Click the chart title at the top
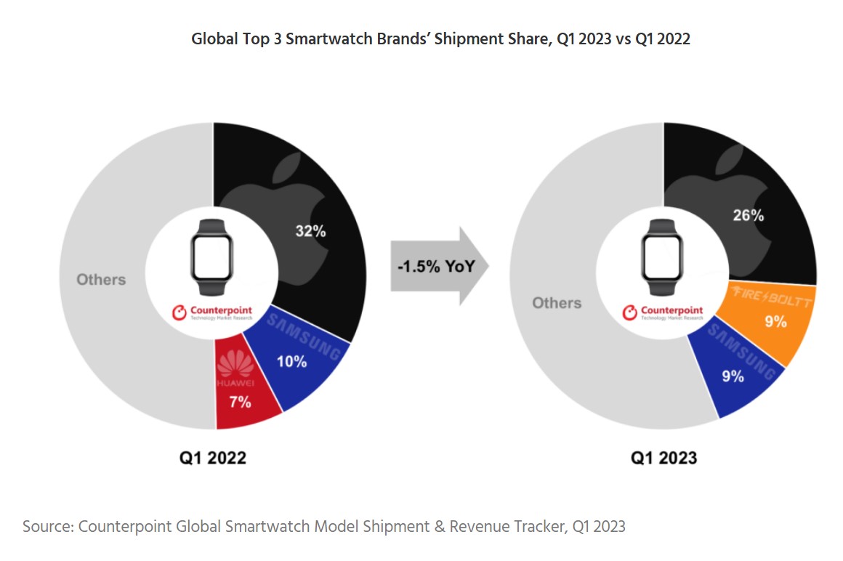pos(440,39)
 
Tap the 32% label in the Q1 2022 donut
pos(310,232)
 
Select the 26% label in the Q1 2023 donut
pos(748,215)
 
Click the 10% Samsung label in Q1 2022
pos(291,361)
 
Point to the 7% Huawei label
pos(241,401)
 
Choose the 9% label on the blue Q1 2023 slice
pos(733,376)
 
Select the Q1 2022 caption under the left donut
pos(213,457)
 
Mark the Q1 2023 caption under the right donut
pos(663,457)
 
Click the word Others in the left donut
pos(101,280)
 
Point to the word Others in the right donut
pos(557,302)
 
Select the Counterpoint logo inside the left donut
pos(213,312)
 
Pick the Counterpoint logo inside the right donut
pos(663,312)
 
